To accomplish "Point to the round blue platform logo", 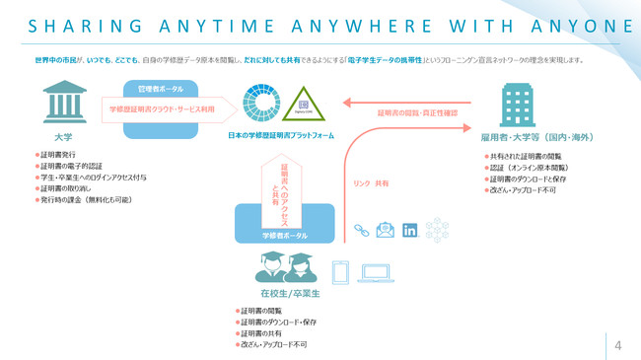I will [268, 106].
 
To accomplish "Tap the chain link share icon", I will [359, 231].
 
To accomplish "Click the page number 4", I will [617, 344].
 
